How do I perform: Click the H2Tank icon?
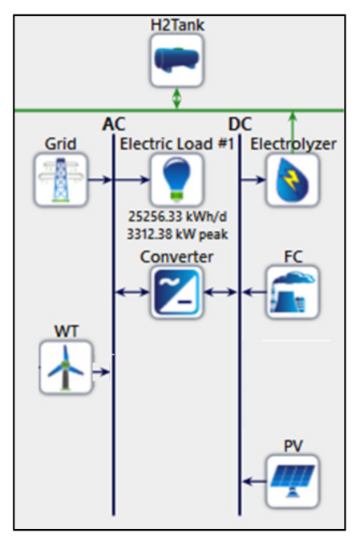pyautogui.click(x=176, y=60)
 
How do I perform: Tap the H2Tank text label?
pyautogui.click(x=177, y=26)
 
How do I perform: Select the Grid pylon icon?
pyautogui.click(x=61, y=180)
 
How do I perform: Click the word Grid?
pyautogui.click(x=61, y=144)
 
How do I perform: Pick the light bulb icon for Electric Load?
pyautogui.click(x=176, y=180)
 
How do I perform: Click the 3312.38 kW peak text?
pyautogui.click(x=176, y=234)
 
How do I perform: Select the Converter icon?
pyautogui.click(x=176, y=293)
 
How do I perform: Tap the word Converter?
pyautogui.click(x=176, y=256)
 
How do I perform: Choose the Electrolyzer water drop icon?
pyautogui.click(x=293, y=180)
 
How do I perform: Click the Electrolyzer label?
pyautogui.click(x=293, y=144)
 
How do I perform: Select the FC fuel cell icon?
pyautogui.click(x=293, y=293)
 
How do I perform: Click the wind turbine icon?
pyautogui.click(x=66, y=367)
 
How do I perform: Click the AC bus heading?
pyautogui.click(x=114, y=124)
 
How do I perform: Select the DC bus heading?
pyautogui.click(x=240, y=124)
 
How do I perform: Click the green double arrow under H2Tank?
pyautogui.click(x=176, y=98)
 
